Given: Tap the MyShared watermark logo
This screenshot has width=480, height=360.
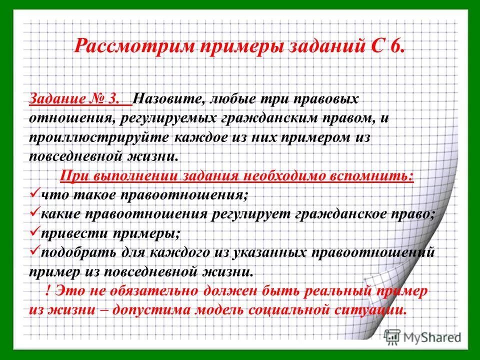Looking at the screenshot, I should click(422, 336).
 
